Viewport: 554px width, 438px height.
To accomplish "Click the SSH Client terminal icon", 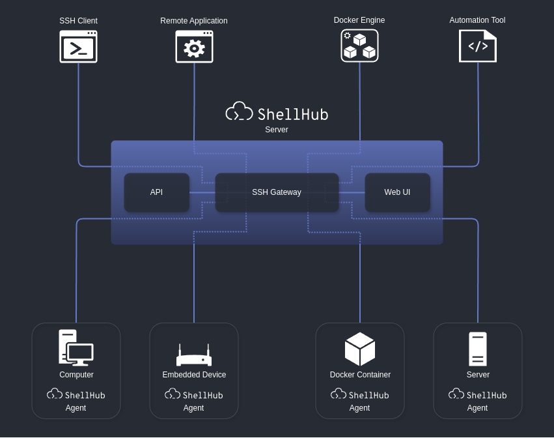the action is pos(78,46).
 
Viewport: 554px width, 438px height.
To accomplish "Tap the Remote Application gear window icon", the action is pos(195,46).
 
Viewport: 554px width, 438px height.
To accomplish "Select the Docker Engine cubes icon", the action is pos(359,46).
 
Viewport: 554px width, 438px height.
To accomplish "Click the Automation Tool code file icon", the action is pos(478,46).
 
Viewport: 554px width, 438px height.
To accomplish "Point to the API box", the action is pos(156,192).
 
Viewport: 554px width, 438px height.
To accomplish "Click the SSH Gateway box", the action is pos(277,192).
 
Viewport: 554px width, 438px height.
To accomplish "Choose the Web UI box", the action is pos(398,192).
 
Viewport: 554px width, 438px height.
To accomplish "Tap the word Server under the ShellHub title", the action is pos(277,130).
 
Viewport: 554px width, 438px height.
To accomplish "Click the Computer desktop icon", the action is pos(76,347).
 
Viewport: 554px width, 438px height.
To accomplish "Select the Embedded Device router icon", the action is pos(194,355).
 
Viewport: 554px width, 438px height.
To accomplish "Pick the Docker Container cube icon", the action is pos(359,349).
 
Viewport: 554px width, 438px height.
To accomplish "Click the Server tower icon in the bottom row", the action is pos(478,349).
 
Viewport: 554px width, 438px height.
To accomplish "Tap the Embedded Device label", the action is pos(194,375).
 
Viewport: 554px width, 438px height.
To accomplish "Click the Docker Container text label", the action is pos(360,375).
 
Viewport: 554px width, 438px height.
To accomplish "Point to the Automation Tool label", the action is pos(477,20).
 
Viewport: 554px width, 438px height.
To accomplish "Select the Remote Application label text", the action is pos(194,21).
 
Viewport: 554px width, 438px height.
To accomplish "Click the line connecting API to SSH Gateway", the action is pos(202,192).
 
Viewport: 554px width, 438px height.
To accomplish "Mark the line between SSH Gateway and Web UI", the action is pos(352,192).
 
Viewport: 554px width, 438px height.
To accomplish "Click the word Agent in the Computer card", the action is pos(76,408).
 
